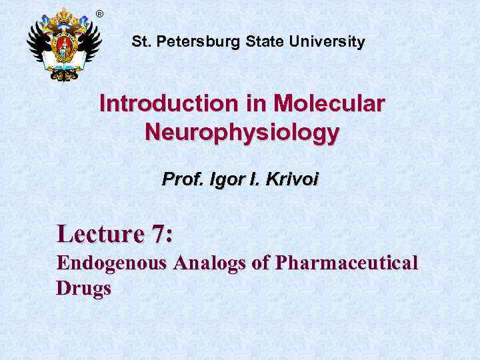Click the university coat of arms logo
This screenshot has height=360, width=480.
(63, 45)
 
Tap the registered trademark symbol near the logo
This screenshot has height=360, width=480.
(100, 14)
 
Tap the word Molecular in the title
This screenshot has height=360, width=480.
(329, 104)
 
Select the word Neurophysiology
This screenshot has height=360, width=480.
(241, 133)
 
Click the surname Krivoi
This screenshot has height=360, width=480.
(289, 180)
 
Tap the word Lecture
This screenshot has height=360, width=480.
(100, 234)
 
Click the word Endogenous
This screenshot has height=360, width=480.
(111, 263)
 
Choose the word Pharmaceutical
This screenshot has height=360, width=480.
(347, 263)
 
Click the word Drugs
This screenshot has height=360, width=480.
(83, 289)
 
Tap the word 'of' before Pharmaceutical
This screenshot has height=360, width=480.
(260, 263)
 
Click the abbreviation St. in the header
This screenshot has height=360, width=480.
(140, 42)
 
